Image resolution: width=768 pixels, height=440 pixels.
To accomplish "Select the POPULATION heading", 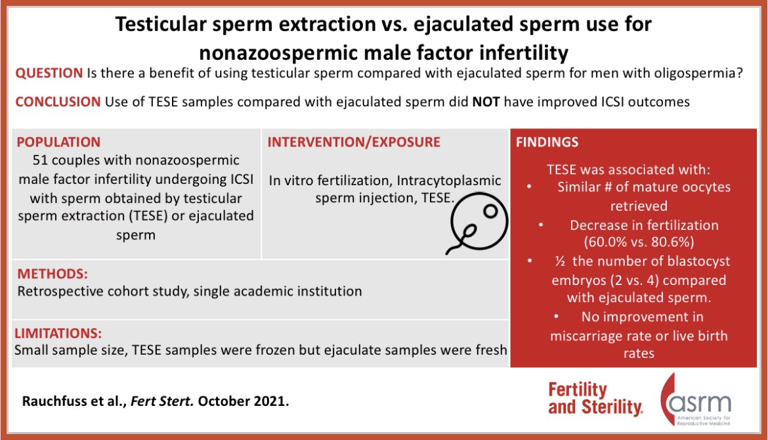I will [x=58, y=142].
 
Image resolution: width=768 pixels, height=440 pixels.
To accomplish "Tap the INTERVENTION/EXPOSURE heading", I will [x=354, y=142].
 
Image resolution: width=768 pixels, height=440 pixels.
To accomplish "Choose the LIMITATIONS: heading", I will [x=59, y=334].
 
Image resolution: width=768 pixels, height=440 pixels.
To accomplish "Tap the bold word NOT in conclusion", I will [x=486, y=102].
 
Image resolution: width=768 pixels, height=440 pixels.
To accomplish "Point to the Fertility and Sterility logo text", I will [x=594, y=399].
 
